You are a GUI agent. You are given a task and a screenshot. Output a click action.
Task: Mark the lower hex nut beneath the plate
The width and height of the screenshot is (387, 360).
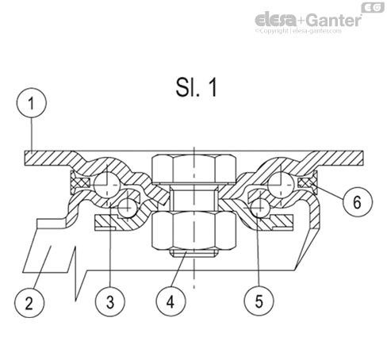click(x=191, y=229)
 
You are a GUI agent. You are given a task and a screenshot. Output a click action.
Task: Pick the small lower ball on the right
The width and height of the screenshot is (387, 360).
click(x=260, y=209)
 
